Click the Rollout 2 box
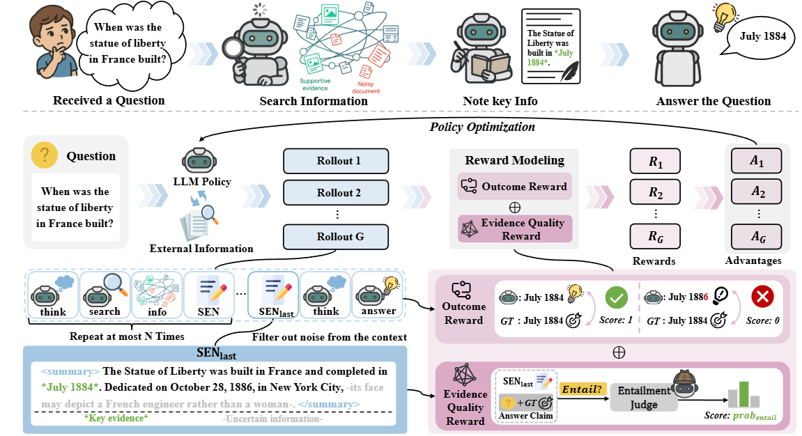[x=335, y=192]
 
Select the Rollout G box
[x=335, y=236]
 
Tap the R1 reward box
[x=656, y=162]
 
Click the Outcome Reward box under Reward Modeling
[x=515, y=186]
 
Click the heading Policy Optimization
[x=482, y=127]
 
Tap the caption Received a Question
[x=109, y=100]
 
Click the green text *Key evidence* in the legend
[x=116, y=418]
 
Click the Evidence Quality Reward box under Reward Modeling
[x=515, y=229]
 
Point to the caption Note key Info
[x=500, y=101]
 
